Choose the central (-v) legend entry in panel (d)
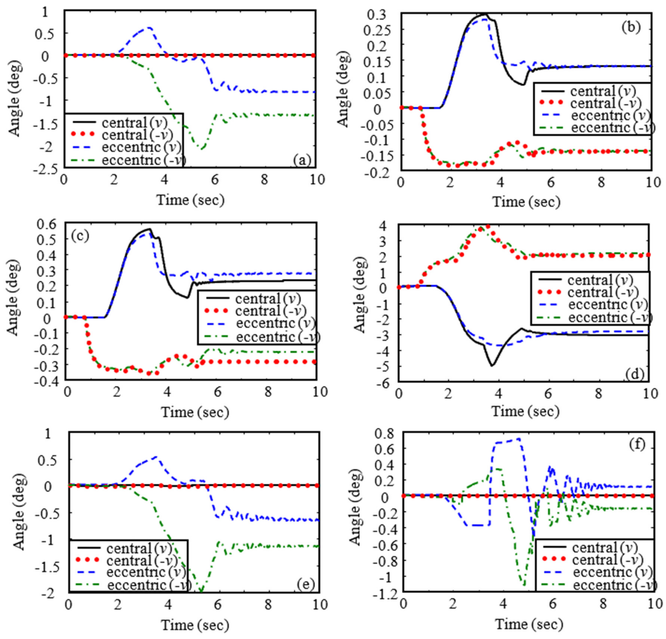pos(603,292)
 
